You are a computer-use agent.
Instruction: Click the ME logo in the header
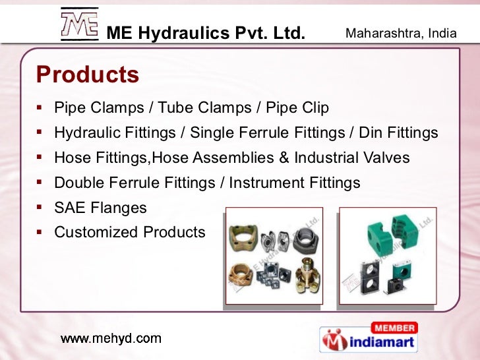(78, 24)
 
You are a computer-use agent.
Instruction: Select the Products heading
(88, 75)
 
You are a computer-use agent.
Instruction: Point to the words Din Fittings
(398, 133)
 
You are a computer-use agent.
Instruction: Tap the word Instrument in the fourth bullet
(275, 183)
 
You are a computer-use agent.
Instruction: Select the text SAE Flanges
(100, 208)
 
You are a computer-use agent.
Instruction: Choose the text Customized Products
(130, 232)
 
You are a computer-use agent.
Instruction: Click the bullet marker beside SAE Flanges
(40, 208)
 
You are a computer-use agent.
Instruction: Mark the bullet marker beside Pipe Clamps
(40, 107)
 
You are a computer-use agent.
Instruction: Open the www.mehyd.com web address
(111, 339)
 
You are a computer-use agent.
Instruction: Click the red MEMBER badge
(394, 328)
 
